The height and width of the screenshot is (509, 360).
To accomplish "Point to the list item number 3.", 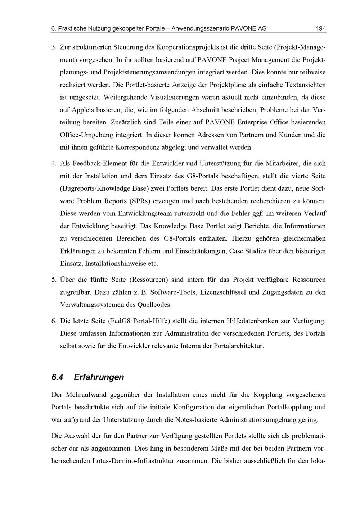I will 54,47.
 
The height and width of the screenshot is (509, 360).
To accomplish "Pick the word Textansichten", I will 305,85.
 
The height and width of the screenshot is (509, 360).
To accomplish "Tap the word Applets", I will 83,110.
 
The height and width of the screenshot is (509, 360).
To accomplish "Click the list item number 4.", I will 54,164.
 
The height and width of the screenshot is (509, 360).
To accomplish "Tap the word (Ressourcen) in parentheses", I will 149,280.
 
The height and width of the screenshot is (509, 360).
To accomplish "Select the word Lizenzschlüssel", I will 223,292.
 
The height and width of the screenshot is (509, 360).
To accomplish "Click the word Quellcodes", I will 154,305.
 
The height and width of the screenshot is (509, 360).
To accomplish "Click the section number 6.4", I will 58,377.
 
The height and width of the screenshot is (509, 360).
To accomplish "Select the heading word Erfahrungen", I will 99,377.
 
